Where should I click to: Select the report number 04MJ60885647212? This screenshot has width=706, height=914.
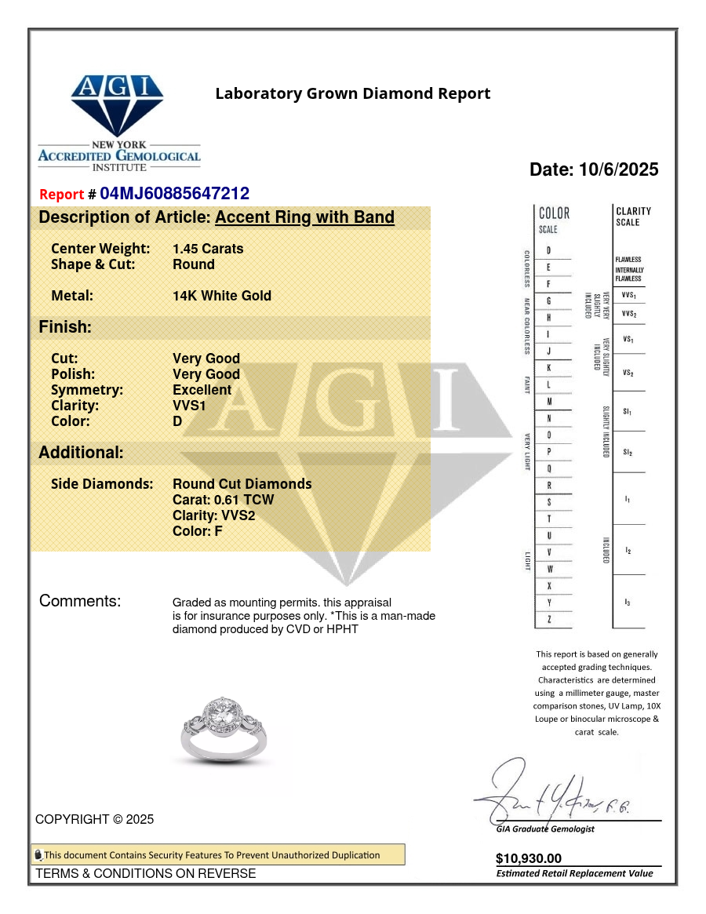(x=174, y=194)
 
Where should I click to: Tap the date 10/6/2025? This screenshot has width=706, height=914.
(x=594, y=169)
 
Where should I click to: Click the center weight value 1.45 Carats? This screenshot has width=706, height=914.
(x=208, y=249)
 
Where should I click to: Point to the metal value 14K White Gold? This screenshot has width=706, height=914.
(x=222, y=296)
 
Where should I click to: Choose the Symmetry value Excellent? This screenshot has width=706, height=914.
(x=202, y=390)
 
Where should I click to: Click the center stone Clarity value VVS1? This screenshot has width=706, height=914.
(x=189, y=406)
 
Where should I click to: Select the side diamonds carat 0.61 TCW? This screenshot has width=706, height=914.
(x=224, y=500)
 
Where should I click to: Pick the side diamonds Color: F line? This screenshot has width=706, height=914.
(x=198, y=531)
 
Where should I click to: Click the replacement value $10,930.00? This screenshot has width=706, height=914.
(x=529, y=859)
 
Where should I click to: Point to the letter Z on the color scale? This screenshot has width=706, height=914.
(x=548, y=620)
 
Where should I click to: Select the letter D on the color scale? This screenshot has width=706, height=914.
(x=548, y=250)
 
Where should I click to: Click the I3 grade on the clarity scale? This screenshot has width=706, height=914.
(x=628, y=602)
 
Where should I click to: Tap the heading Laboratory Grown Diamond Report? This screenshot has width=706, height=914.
(x=353, y=94)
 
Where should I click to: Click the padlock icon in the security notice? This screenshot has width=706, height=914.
(x=38, y=855)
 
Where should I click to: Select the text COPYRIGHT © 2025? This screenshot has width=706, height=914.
(x=94, y=819)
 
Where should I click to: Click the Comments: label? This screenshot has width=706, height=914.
(x=80, y=602)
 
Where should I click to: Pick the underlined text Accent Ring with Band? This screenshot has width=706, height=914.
(x=304, y=217)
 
